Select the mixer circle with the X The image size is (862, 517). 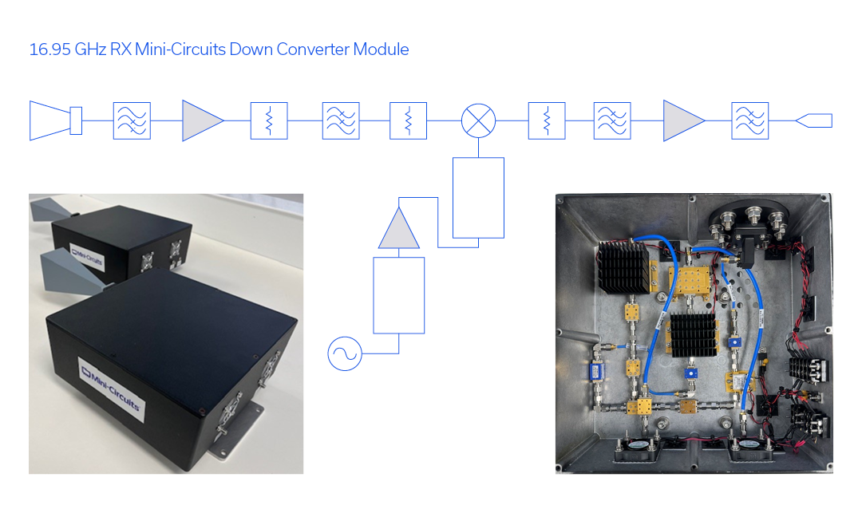click(478, 120)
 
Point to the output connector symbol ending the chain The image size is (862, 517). click(813, 120)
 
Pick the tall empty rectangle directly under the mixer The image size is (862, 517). click(478, 197)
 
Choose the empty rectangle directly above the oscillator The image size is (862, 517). click(398, 294)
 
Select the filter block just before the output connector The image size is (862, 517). click(749, 120)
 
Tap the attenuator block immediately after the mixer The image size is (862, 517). click(547, 120)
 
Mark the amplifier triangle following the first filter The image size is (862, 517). click(202, 120)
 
